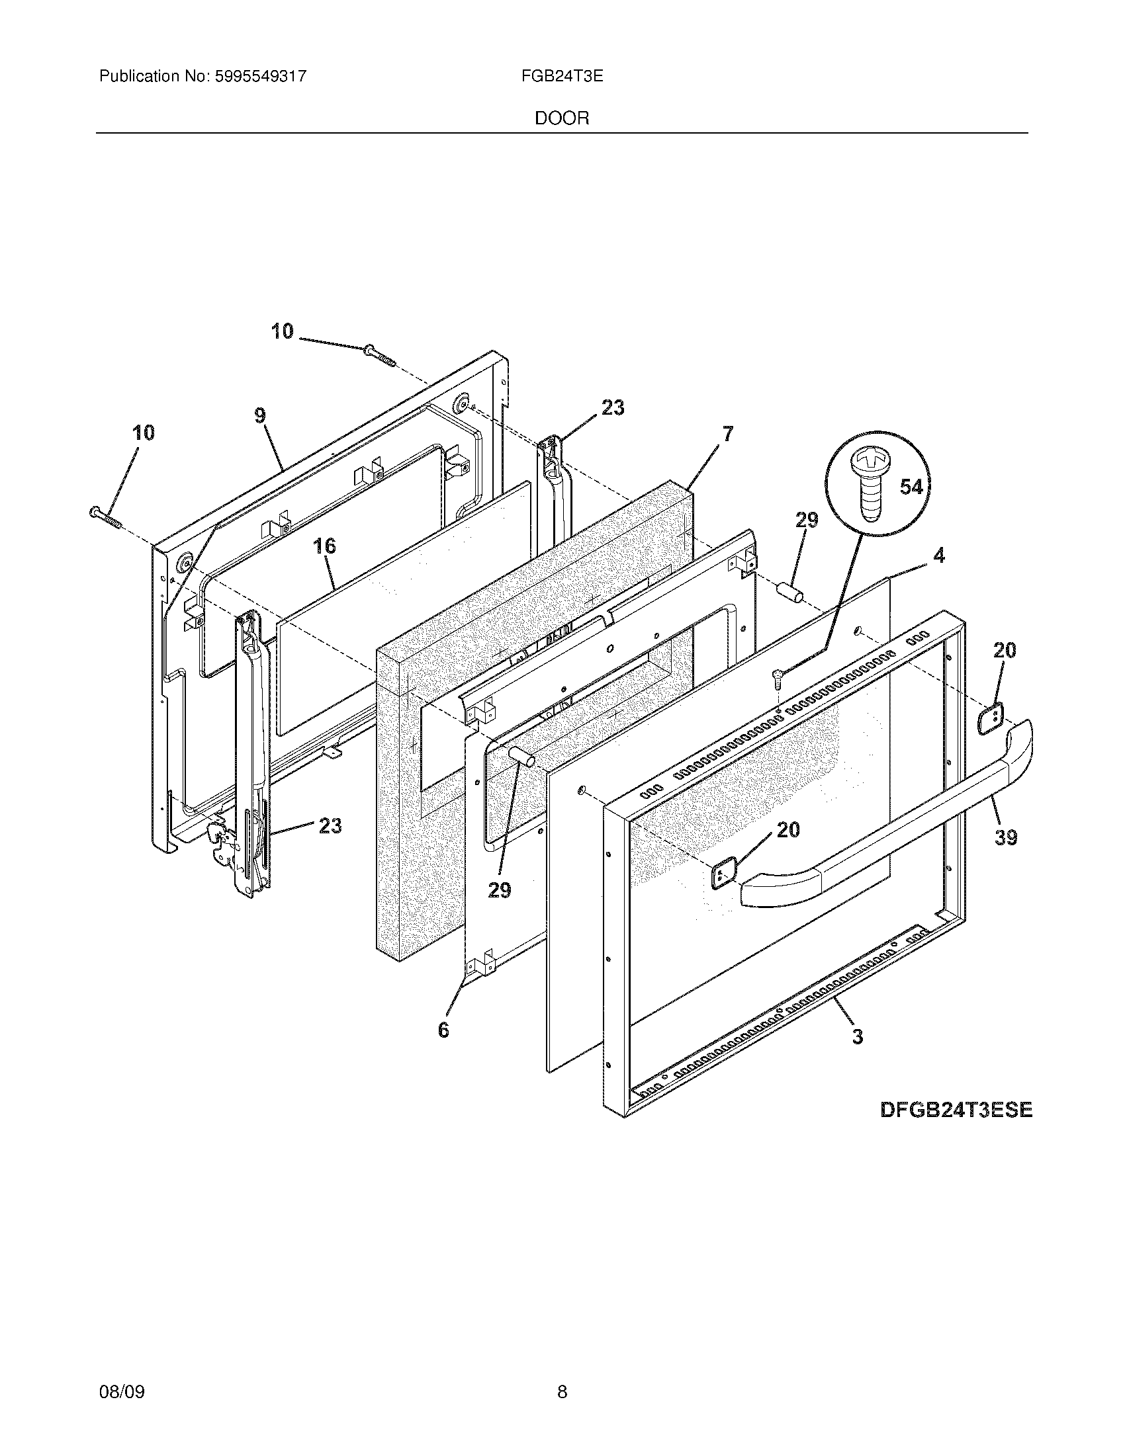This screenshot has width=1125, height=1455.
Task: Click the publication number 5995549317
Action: point(260,77)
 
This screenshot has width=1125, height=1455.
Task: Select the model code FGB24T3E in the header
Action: point(562,77)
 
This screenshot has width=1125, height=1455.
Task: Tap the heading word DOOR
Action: point(562,118)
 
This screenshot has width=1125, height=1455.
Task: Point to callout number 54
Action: point(911,487)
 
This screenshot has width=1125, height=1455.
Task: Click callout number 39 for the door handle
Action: point(1006,837)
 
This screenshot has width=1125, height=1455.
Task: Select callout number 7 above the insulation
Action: point(727,435)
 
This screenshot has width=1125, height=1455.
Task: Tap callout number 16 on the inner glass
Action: point(324,546)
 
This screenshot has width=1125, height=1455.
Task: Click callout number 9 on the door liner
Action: point(260,416)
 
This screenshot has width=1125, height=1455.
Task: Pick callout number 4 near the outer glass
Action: point(938,555)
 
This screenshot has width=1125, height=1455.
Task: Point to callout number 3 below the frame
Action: point(857,1036)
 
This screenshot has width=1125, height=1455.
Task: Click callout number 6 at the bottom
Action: point(443,1030)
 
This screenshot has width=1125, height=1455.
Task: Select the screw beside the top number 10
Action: point(379,355)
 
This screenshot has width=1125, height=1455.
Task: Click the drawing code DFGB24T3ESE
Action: point(956,1110)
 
